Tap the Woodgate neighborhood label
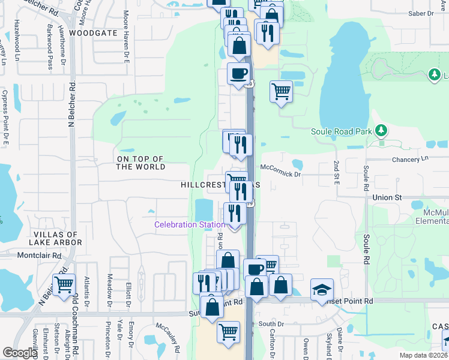[93, 33]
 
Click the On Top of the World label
[141, 163]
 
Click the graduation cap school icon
[322, 290]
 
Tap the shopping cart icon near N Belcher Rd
[63, 284]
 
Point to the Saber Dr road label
[420, 13]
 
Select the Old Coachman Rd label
[76, 315]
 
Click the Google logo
[19, 353]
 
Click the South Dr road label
[271, 324]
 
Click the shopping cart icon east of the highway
[280, 92]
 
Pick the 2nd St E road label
[337, 173]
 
